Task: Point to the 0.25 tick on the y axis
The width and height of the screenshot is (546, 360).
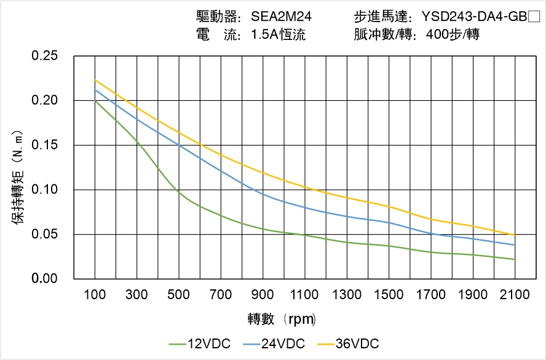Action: (44, 56)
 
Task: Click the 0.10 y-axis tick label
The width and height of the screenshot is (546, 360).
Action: (44, 190)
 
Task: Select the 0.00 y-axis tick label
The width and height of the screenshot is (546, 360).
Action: (44, 279)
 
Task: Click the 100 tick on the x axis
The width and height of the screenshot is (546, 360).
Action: (95, 295)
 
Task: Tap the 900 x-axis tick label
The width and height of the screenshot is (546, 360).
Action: (263, 295)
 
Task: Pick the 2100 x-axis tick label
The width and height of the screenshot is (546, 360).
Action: (515, 295)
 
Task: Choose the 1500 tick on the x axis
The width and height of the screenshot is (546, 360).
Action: (389, 295)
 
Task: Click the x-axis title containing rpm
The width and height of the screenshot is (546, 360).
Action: (282, 319)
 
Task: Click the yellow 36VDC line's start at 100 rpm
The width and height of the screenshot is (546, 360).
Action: (95, 80)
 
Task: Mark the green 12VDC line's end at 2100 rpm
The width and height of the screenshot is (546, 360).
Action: (515, 259)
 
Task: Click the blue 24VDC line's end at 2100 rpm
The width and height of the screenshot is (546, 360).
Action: (515, 245)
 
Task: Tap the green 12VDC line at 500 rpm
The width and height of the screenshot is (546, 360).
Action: (179, 192)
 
